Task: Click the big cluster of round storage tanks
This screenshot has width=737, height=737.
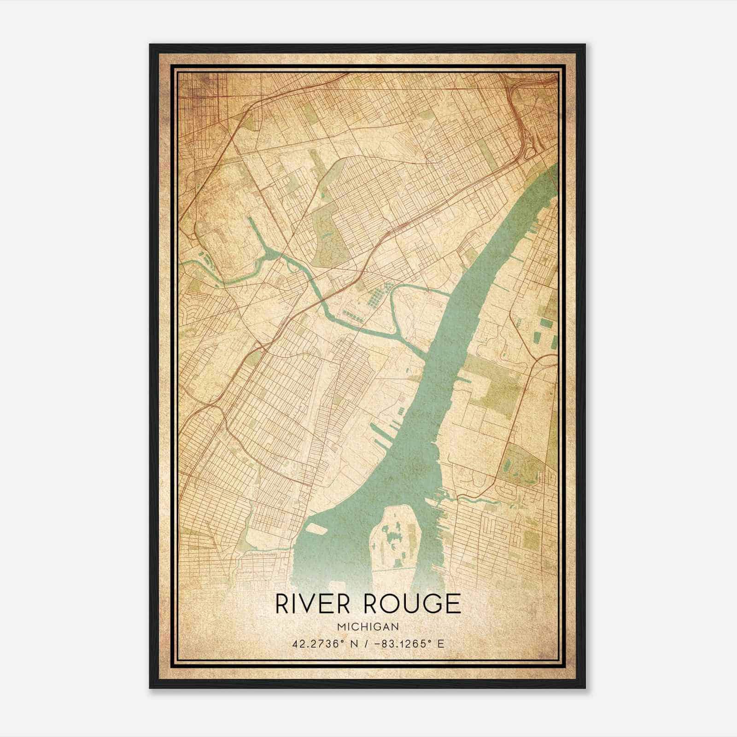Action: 378,295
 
